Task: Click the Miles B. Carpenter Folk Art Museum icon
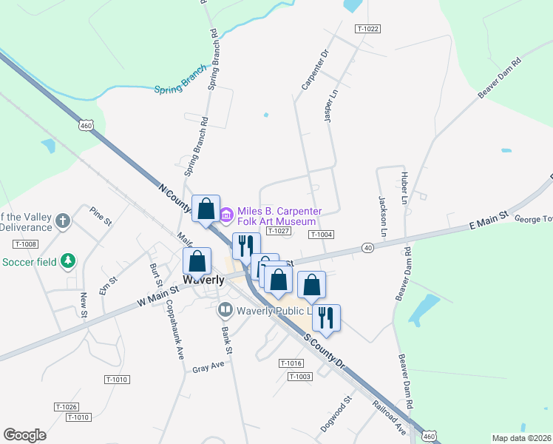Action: (x=226, y=215)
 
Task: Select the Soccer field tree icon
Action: (x=67, y=260)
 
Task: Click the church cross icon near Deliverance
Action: (x=63, y=221)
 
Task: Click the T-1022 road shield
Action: (x=367, y=29)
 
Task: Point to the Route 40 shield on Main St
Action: (x=367, y=248)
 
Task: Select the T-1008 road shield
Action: (x=24, y=244)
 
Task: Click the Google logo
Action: (x=24, y=435)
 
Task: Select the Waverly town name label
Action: (x=204, y=280)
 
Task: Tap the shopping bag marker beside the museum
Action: (x=206, y=208)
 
